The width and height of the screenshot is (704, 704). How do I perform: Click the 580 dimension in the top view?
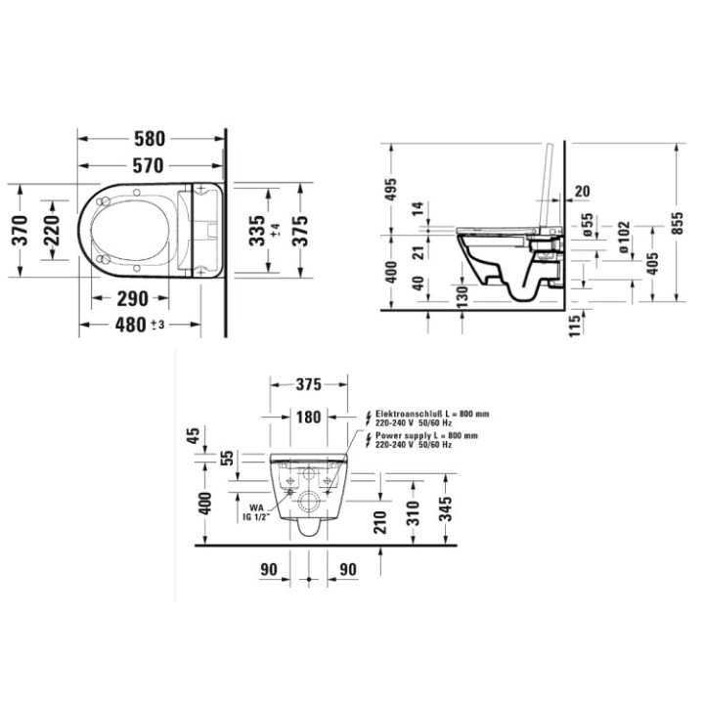tap(150, 138)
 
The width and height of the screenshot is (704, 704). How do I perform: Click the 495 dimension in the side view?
tap(391, 191)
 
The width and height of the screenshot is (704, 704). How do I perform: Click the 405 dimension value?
tap(653, 263)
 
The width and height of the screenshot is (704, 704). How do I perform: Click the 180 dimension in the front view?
tap(308, 418)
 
